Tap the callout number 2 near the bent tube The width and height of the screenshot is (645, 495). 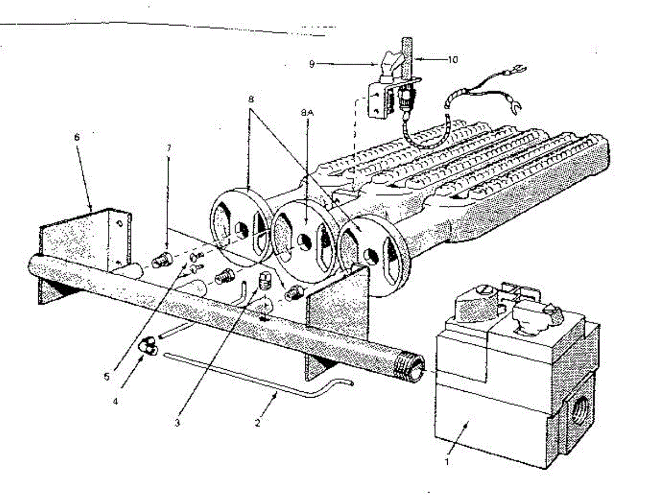257,422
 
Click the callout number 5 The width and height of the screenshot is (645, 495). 107,376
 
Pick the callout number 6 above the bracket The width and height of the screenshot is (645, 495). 77,137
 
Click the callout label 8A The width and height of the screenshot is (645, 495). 307,114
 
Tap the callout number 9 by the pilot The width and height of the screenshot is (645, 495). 312,64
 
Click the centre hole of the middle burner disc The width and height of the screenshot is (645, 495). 303,241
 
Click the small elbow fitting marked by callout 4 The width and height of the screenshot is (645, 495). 147,347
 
